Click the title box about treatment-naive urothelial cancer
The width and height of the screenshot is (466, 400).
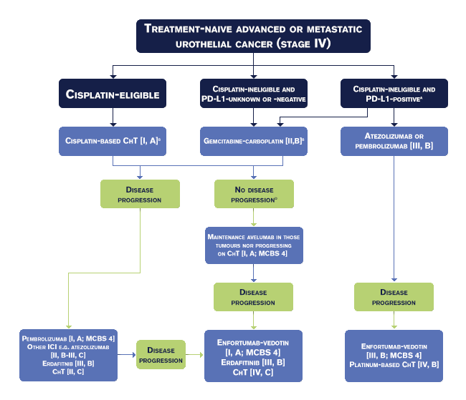(x=253, y=36)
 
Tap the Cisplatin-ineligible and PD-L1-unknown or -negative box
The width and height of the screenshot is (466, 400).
(x=255, y=94)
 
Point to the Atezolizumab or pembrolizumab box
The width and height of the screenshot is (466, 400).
(x=393, y=141)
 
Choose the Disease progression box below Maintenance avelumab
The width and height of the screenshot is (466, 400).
(x=253, y=297)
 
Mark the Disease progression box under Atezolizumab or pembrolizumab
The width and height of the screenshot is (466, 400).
(x=394, y=297)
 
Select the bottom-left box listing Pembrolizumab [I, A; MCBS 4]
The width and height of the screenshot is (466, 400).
(x=69, y=355)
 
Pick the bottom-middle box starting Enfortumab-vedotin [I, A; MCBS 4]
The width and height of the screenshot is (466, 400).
(x=254, y=355)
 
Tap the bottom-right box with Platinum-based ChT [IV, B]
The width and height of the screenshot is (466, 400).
(x=394, y=355)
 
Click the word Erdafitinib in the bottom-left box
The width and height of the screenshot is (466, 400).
(x=54, y=362)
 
